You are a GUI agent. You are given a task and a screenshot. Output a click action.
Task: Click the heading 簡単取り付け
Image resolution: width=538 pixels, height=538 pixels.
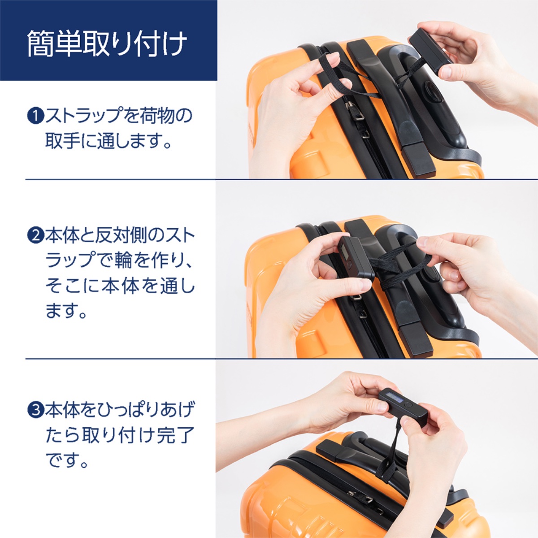(x=107, y=43)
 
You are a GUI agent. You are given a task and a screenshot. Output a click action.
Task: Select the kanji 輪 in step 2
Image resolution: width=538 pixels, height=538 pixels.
(x=123, y=260)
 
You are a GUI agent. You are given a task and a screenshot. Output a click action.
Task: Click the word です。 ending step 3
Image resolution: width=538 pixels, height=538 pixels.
(x=67, y=460)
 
